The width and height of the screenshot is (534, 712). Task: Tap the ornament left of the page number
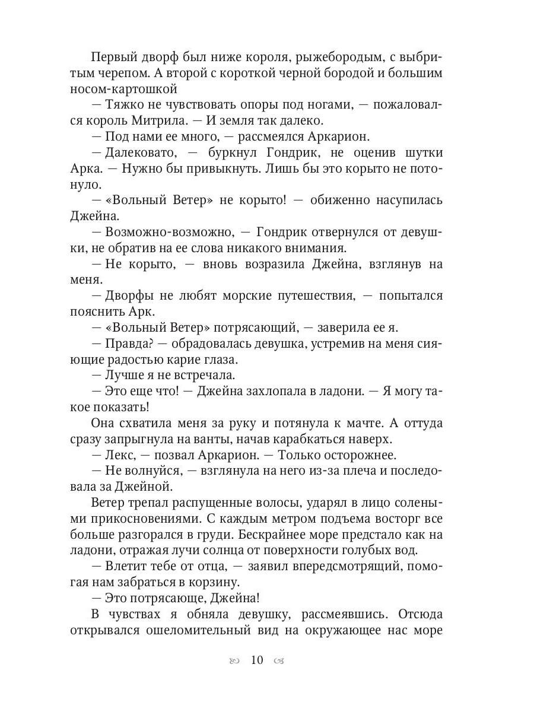pos(235,661)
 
